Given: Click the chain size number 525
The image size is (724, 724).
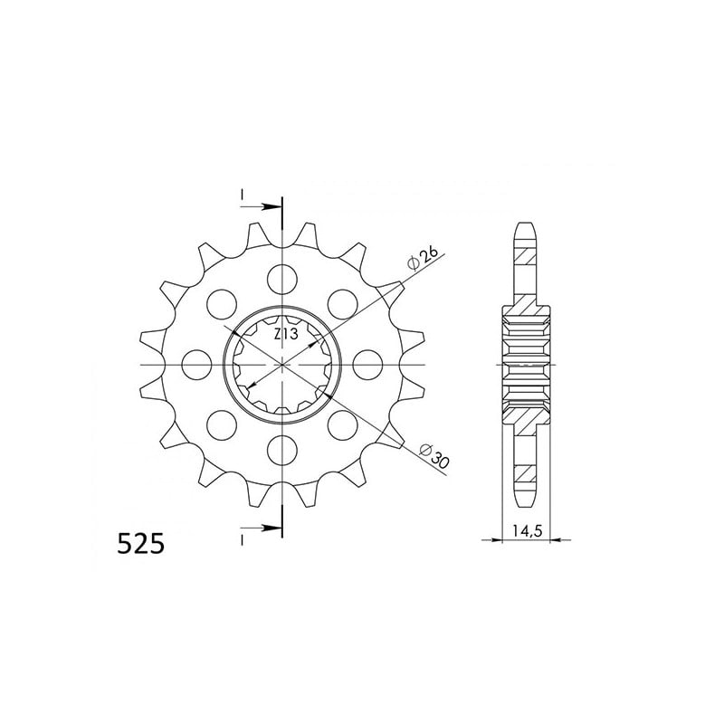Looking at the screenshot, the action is point(141,544).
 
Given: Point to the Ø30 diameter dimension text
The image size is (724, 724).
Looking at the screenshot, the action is point(435,456).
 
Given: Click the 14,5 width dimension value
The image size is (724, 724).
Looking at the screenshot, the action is point(527,531).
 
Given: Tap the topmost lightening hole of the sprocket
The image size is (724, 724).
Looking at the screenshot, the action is point(282,280).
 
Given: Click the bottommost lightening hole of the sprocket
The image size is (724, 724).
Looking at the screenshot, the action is point(282,451).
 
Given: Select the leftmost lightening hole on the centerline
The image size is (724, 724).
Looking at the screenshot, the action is point(196,365).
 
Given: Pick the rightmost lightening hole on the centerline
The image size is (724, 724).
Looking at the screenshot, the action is point(367,365).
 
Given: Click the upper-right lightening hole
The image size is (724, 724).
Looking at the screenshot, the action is point(343,304).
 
